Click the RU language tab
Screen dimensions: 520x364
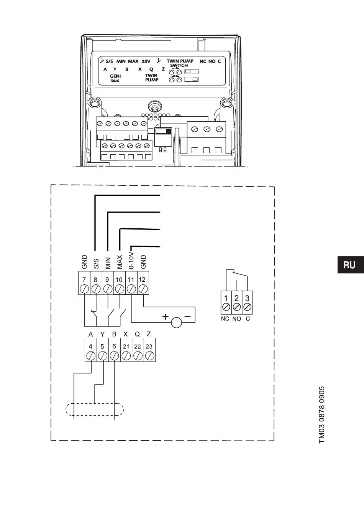(349, 265)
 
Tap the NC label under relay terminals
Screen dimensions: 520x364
(225, 319)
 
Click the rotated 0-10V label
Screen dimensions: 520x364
(131, 260)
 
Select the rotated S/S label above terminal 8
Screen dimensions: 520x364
(96, 263)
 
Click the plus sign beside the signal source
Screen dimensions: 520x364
(166, 317)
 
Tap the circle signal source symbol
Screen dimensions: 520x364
(177, 323)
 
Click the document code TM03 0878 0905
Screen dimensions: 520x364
(322, 414)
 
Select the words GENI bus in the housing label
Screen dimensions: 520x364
(115, 78)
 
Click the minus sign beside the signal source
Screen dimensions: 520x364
(188, 317)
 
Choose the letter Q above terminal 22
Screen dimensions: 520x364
(137, 334)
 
